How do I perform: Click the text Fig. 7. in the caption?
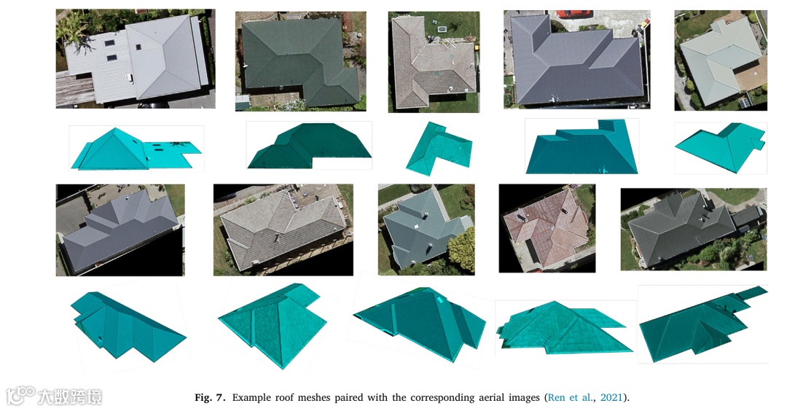click(210, 398)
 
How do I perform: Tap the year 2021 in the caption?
click(611, 398)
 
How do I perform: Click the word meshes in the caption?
click(315, 398)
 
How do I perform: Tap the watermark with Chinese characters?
click(54, 396)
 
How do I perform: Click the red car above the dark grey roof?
click(572, 14)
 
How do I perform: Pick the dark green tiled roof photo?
click(301, 60)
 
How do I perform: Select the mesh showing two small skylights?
click(136, 149)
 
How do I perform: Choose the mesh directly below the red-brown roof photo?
click(565, 326)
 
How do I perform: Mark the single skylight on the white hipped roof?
click(138, 47)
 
